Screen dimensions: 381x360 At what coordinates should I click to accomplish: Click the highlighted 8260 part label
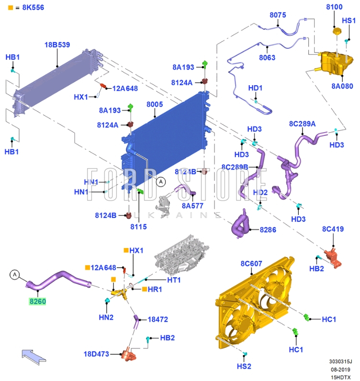[38, 302]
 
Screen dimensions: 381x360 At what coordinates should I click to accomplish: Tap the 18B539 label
[57, 45]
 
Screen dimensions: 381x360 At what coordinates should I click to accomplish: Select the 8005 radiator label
[155, 104]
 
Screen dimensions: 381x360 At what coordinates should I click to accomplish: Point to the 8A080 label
[342, 86]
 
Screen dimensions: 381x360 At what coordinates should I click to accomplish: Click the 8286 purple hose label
[268, 230]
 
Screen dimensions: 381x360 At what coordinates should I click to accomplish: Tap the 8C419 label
[333, 229]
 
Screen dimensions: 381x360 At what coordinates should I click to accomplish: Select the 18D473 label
[97, 354]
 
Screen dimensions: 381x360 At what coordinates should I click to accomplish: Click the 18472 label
[158, 319]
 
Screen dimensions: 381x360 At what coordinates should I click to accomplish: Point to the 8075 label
[278, 15]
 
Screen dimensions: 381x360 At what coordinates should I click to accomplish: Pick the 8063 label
[267, 58]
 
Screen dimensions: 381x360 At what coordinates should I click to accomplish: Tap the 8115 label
[138, 227]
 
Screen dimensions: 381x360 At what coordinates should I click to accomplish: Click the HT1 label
[173, 280]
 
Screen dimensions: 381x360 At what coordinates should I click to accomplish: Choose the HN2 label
[106, 317]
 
